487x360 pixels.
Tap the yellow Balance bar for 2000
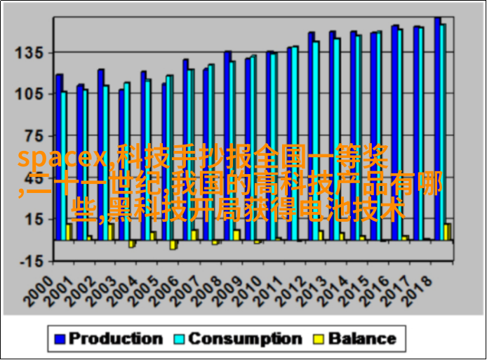pos(68,232)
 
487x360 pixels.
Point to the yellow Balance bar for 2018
pos(446,232)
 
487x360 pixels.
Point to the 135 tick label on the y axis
pos(29,53)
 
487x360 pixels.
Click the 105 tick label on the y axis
pos(29,94)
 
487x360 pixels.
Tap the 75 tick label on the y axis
pos(33,135)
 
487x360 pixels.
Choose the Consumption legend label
pos(245,339)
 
